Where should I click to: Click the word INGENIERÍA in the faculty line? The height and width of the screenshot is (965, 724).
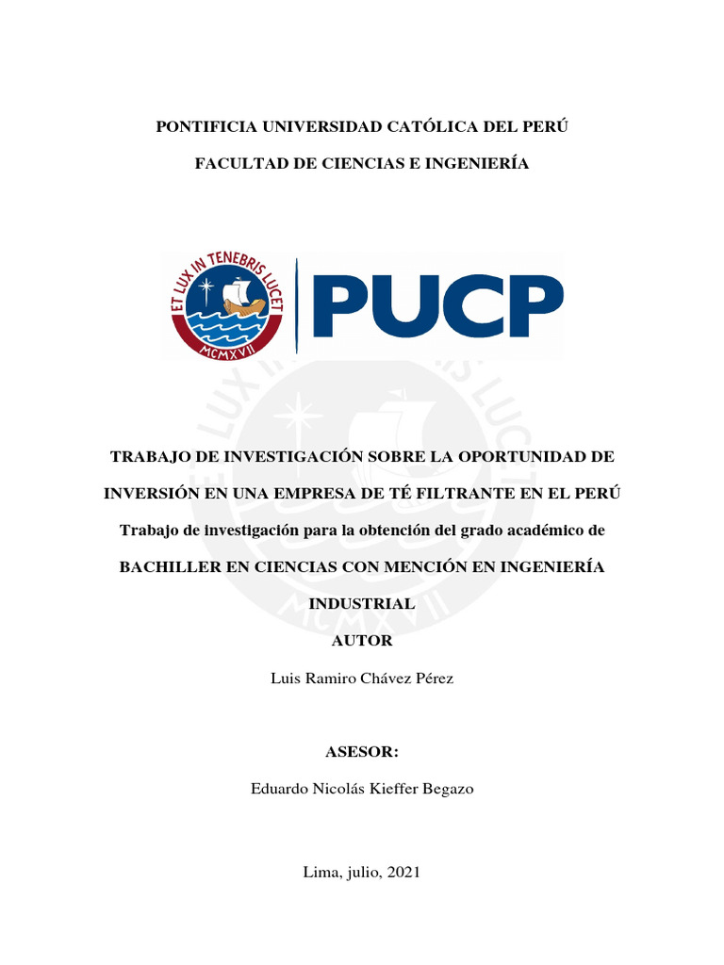coord(480,164)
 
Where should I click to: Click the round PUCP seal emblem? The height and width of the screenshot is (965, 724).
coord(227,306)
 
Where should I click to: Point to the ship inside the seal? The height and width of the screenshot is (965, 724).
coord(242,297)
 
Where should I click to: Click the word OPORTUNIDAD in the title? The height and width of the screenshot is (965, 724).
coord(522,456)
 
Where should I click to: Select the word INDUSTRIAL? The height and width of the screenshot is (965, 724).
coord(362,604)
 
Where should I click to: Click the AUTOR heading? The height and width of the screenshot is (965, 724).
coord(362,641)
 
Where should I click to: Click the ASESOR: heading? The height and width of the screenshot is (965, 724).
coord(362,752)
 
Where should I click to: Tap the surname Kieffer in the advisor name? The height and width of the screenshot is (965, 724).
coord(391,789)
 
